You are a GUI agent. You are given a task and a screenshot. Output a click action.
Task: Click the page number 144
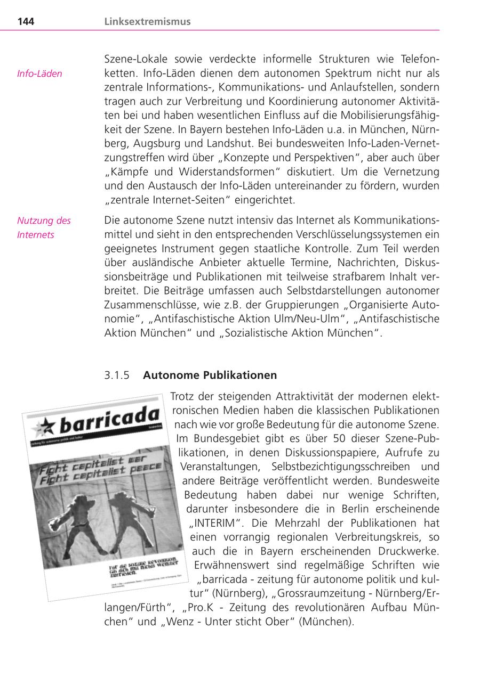[x=26, y=22]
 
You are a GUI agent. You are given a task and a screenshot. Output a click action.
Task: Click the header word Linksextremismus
[x=147, y=22]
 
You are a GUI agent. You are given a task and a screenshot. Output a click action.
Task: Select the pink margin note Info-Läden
[x=39, y=73]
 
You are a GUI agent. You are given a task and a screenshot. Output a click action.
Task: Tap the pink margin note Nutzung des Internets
[x=44, y=227]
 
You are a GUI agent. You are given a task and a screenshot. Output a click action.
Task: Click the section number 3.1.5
[x=117, y=375]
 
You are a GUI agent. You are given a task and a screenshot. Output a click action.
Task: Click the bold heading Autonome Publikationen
[x=210, y=375]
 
